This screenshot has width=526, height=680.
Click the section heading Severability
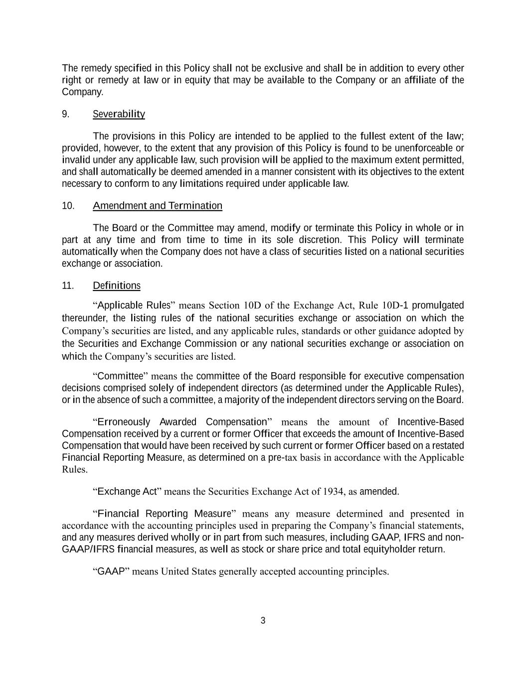[x=119, y=114]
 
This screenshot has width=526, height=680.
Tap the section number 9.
[x=65, y=114]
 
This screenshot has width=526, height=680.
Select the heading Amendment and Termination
[x=158, y=206]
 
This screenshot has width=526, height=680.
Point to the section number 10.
[x=68, y=206]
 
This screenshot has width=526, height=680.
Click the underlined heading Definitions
[x=117, y=285]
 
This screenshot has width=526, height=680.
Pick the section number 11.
[x=68, y=285]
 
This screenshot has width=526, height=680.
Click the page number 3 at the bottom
[x=263, y=621]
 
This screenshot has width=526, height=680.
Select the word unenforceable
[x=428, y=148]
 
